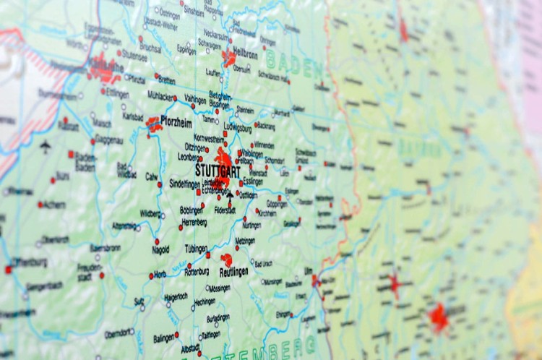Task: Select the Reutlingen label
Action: point(234,273)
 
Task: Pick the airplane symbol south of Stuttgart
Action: point(230,194)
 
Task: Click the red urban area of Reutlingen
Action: point(227,260)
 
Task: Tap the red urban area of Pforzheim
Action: point(154,125)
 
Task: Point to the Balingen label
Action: point(163,338)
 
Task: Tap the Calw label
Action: point(151,176)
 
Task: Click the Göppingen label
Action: point(277,204)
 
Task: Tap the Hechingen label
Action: point(205,301)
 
